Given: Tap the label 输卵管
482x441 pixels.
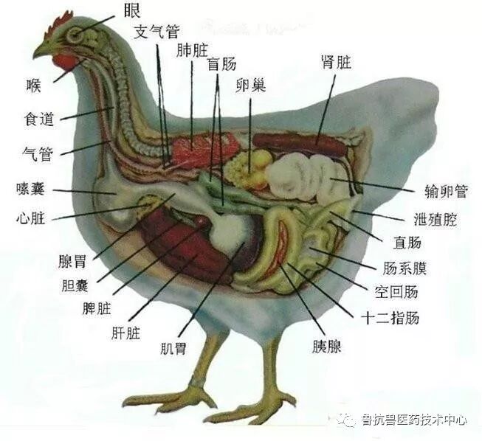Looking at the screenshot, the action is point(447,191).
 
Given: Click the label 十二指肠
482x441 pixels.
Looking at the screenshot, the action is point(390,319).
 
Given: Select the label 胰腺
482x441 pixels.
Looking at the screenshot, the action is point(326,346).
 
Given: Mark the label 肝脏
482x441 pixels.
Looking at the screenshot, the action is point(123,333).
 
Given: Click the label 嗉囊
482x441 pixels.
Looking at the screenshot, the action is point(31,189).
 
